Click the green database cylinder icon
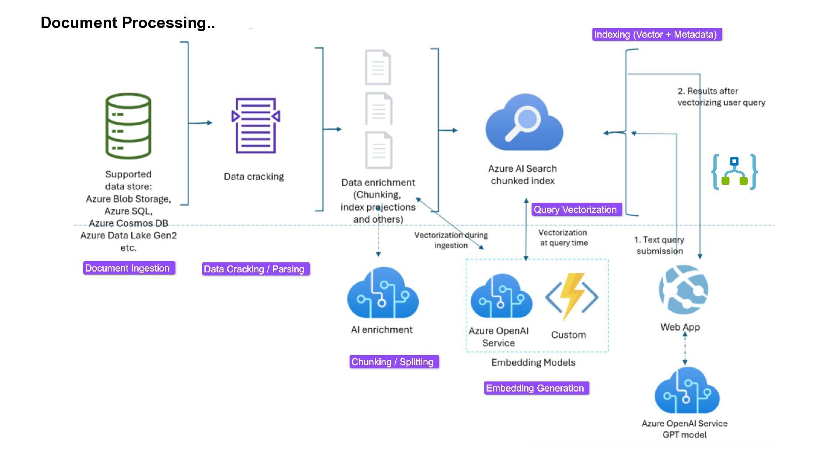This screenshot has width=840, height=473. [128, 126]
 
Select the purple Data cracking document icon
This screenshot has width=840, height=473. [256, 126]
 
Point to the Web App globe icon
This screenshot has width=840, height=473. [683, 289]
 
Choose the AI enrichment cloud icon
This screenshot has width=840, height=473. [383, 293]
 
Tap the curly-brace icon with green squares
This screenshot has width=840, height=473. [735, 172]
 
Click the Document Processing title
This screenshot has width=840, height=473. [128, 23]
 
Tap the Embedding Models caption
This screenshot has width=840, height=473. [533, 363]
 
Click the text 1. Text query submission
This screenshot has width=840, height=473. [659, 245]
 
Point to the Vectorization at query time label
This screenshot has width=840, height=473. [563, 237]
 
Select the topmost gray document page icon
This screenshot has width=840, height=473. [378, 67]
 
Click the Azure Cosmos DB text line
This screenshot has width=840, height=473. [129, 223]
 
